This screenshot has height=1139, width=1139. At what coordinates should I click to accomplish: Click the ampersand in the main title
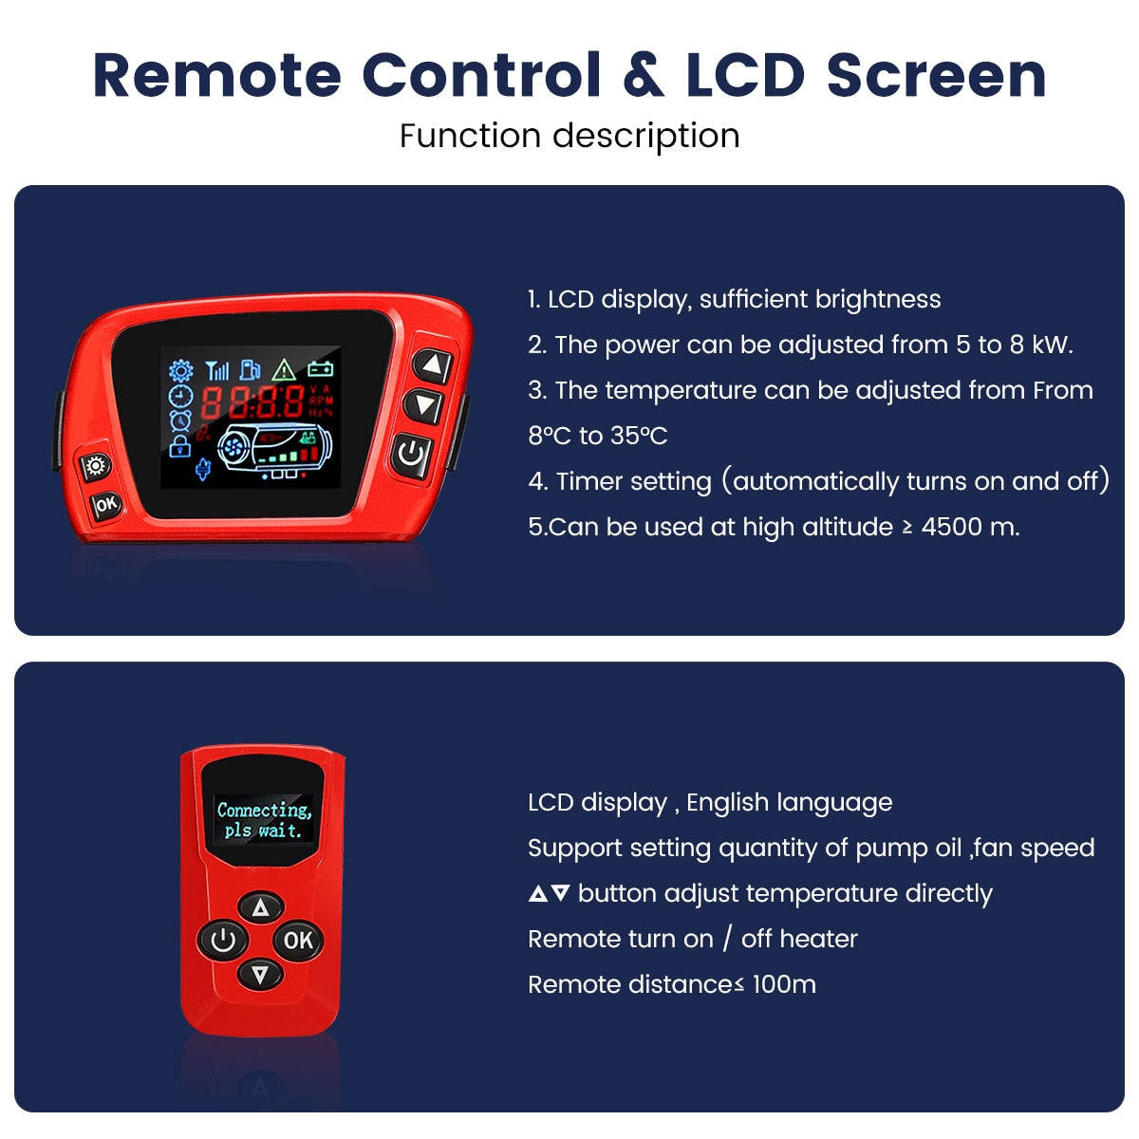click(644, 75)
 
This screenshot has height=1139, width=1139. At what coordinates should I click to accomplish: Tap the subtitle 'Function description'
click(569, 136)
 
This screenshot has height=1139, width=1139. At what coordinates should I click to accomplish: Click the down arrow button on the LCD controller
click(424, 406)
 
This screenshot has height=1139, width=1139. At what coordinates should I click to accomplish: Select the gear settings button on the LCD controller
click(95, 466)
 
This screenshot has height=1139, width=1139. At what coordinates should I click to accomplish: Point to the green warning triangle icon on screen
click(284, 370)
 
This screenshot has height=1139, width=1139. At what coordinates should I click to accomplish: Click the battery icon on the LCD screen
click(321, 369)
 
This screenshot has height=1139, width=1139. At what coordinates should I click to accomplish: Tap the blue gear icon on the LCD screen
click(180, 370)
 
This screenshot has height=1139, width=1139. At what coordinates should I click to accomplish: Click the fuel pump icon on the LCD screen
click(250, 370)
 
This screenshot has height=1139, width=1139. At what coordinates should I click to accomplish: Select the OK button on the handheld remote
click(298, 940)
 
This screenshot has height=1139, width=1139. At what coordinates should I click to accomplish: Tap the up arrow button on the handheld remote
click(261, 906)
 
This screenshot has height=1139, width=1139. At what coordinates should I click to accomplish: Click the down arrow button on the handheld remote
click(260, 974)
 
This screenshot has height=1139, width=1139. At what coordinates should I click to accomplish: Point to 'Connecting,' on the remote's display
click(264, 810)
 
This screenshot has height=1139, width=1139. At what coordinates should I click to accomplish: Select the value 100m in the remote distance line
click(784, 984)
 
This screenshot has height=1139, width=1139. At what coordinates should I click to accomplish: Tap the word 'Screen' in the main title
click(937, 75)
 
